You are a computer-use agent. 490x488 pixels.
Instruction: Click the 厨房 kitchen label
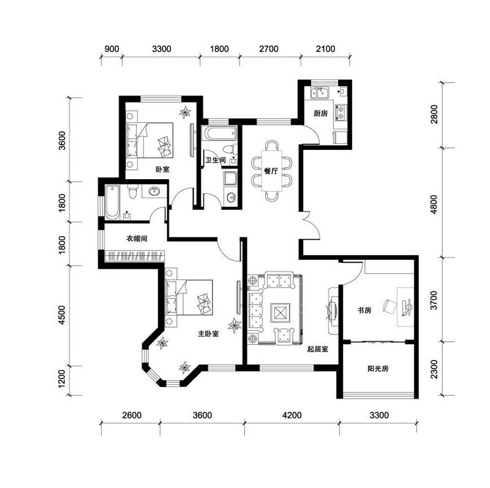pos(320,113)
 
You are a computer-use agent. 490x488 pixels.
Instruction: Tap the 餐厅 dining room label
pos(271,171)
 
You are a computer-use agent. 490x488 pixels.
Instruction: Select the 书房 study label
pos(364,310)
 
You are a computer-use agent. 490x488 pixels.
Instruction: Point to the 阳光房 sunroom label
pos(378,369)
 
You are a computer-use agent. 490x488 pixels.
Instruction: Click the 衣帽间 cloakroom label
pos(137,238)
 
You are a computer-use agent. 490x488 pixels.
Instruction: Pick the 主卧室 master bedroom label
pos(208,333)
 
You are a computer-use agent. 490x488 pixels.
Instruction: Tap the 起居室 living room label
pos(317,349)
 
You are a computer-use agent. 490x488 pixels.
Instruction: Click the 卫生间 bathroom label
pos(216,160)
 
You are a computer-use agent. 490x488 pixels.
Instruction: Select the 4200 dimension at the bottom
pos(292,415)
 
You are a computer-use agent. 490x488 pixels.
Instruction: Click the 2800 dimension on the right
pos(434,114)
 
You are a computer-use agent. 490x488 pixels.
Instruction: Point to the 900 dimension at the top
pos(111,49)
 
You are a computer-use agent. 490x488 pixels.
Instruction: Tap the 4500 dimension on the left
pos(62,315)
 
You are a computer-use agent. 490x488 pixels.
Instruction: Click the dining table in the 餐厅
pos(271,171)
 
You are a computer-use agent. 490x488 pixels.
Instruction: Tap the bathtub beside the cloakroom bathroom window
pos(112,202)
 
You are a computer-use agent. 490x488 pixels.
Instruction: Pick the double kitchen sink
pos(318,93)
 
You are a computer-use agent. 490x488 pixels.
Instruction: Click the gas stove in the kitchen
pos(341,113)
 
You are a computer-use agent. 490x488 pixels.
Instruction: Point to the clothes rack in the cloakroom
pos(135,256)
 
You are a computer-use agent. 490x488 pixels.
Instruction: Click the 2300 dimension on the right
pos(434,369)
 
